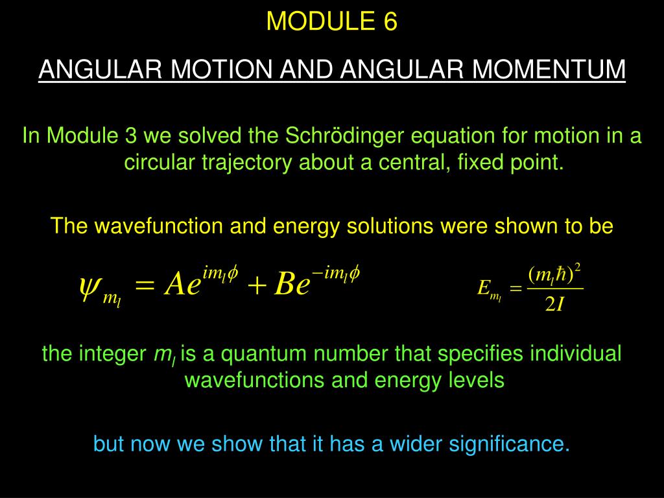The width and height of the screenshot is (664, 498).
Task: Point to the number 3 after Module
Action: click(130, 137)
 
